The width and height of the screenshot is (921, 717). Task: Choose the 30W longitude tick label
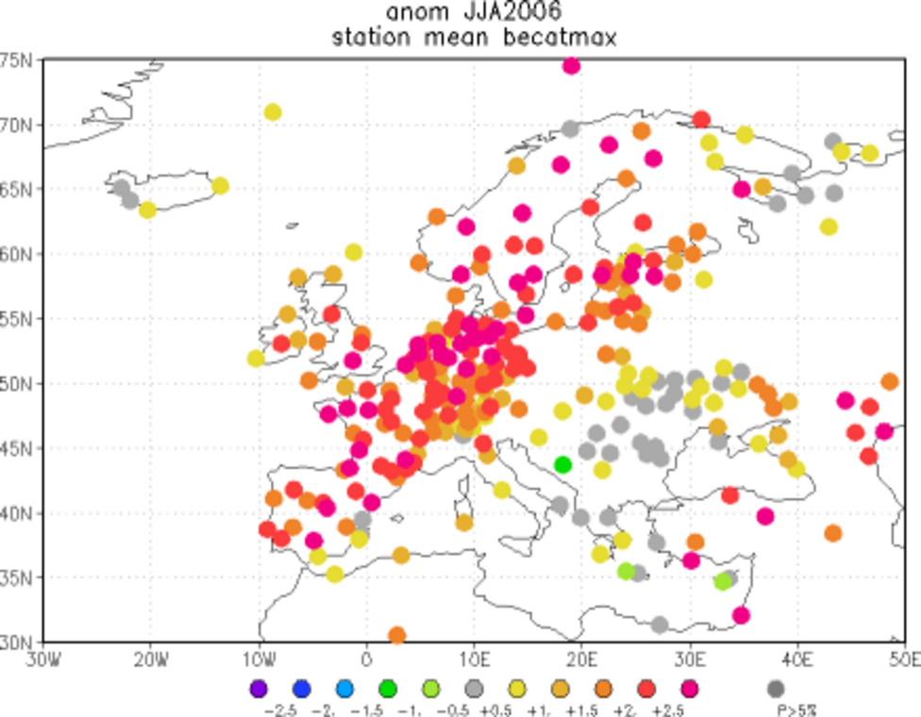coord(43,658)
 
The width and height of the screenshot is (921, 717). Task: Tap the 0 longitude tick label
coord(367,658)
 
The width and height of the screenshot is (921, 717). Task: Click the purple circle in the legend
coord(259,689)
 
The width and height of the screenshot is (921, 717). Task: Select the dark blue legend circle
coord(302,689)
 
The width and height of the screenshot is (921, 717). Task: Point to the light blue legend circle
coord(345,689)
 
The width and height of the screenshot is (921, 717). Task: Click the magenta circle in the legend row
coord(691,689)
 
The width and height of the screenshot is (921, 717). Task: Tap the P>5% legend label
coord(776,708)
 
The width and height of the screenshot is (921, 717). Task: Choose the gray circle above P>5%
coord(776,689)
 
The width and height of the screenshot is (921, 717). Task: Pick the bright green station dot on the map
coord(563,464)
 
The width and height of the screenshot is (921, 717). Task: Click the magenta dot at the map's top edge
coord(571,65)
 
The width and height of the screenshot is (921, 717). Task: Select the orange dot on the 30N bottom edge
coord(396,635)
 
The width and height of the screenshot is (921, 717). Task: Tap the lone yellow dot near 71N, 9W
coord(273,112)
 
